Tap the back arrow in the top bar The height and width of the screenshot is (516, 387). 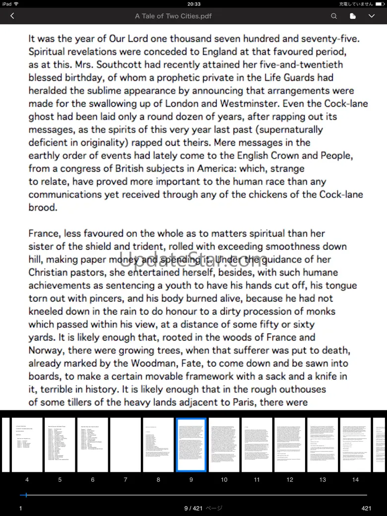(12, 16)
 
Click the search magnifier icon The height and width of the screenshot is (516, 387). (334, 16)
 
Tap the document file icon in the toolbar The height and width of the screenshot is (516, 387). (353, 16)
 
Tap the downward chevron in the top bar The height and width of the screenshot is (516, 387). (371, 16)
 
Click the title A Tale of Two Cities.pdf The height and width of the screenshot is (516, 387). (173, 16)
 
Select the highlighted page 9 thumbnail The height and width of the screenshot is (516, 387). (191, 445)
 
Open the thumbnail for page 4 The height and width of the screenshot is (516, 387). (27, 445)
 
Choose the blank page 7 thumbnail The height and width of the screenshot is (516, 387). (126, 445)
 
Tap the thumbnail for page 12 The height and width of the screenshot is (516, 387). (290, 445)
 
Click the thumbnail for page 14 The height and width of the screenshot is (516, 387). (355, 445)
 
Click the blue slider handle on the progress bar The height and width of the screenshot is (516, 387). (26, 495)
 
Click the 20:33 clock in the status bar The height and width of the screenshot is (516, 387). (193, 4)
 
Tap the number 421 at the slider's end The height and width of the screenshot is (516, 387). (366, 508)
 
